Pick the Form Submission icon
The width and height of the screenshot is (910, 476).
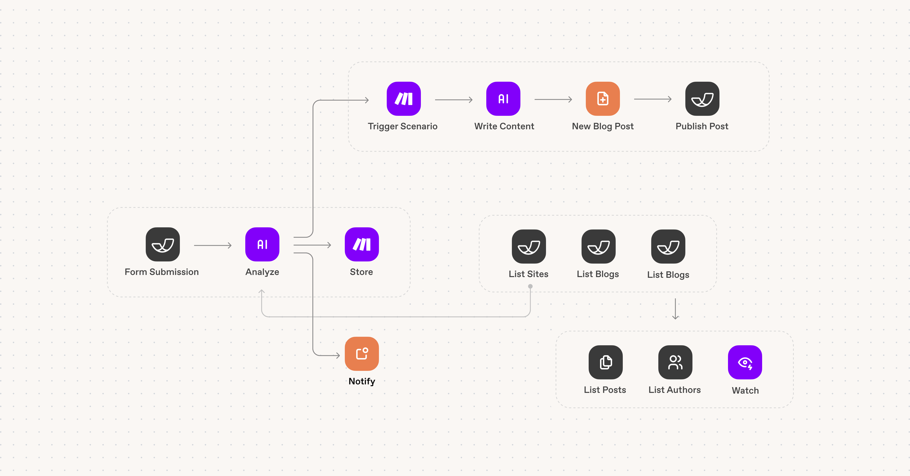point(163,244)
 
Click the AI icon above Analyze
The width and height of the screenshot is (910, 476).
point(262,244)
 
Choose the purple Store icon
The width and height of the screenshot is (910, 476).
point(362,244)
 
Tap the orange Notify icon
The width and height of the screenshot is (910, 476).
point(362,354)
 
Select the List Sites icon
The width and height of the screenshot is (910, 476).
point(529,247)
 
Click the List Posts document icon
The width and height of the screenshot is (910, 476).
point(605,362)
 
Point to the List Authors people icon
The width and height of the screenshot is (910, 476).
point(675,362)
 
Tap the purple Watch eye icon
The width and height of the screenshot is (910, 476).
point(745,362)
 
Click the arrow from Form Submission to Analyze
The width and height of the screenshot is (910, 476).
point(213,245)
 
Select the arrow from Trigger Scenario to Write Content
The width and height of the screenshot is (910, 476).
point(454,99)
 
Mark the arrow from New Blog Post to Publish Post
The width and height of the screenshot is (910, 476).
point(653,99)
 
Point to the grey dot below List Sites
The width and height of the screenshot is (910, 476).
point(530,286)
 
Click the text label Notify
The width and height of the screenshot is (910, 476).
point(362,381)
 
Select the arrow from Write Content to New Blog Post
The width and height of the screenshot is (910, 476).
point(553,99)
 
